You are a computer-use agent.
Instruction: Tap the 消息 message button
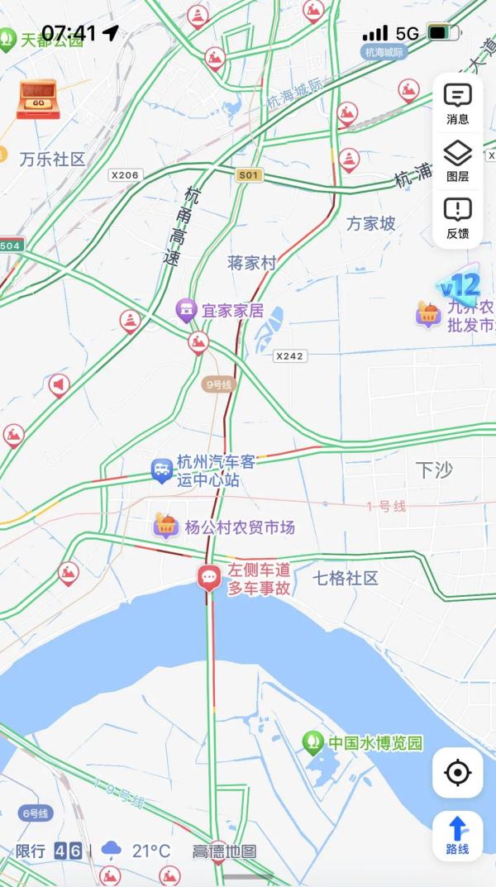457,103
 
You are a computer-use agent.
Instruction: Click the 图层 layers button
457,160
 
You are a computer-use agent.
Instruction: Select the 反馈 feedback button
457,217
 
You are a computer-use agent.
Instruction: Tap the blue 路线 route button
457,835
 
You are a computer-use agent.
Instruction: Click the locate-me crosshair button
457,773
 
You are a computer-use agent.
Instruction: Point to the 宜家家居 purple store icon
186,312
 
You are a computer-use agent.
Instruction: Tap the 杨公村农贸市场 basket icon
166,525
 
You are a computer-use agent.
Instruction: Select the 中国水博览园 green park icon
312,742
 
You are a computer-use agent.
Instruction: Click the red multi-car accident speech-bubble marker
209,576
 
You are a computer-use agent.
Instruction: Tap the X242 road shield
289,355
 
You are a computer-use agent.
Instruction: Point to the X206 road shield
125,175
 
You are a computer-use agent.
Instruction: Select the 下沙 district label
434,470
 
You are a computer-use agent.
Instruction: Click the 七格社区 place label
346,578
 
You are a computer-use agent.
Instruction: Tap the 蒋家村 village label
251,263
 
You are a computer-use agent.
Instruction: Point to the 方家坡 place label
370,223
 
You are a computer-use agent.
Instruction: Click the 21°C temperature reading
151,851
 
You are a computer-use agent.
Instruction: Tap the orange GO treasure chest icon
36,99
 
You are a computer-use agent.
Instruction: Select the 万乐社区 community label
53,159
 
